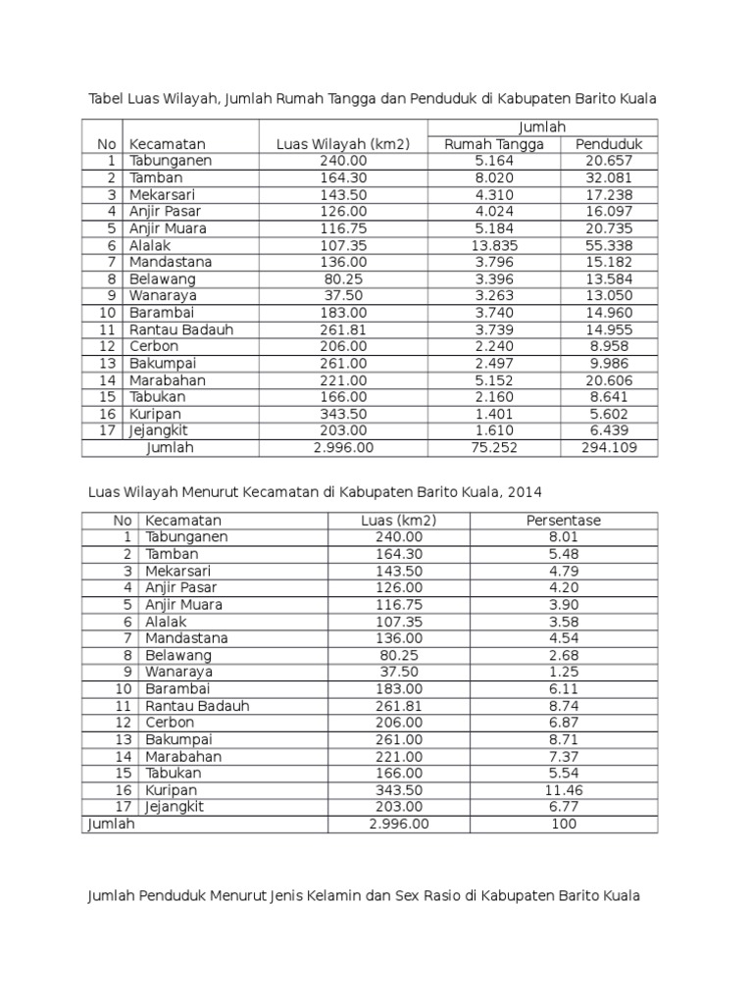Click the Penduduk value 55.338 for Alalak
click(608, 245)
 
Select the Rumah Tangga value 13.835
click(494, 245)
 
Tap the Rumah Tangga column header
click(494, 144)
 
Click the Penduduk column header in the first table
click(608, 144)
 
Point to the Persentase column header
click(564, 520)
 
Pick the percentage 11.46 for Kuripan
click(564, 789)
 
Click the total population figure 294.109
click(608, 448)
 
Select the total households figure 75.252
click(494, 448)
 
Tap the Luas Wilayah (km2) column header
click(343, 144)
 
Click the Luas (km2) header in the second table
click(399, 520)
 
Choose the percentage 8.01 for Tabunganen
click(564, 537)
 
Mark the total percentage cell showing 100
click(564, 825)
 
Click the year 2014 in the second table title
click(522, 491)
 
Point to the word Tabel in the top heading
click(108, 99)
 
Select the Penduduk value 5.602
click(608, 415)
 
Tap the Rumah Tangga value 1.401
click(494, 415)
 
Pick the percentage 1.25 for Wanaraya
click(564, 672)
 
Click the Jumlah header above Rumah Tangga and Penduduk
click(542, 127)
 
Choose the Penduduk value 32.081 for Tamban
click(608, 177)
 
